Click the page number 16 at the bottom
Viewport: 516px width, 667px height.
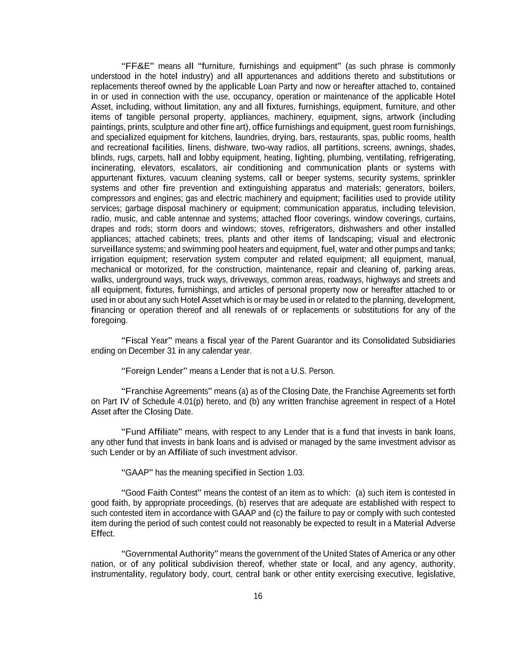click(x=258, y=596)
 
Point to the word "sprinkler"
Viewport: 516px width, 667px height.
click(x=439, y=178)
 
